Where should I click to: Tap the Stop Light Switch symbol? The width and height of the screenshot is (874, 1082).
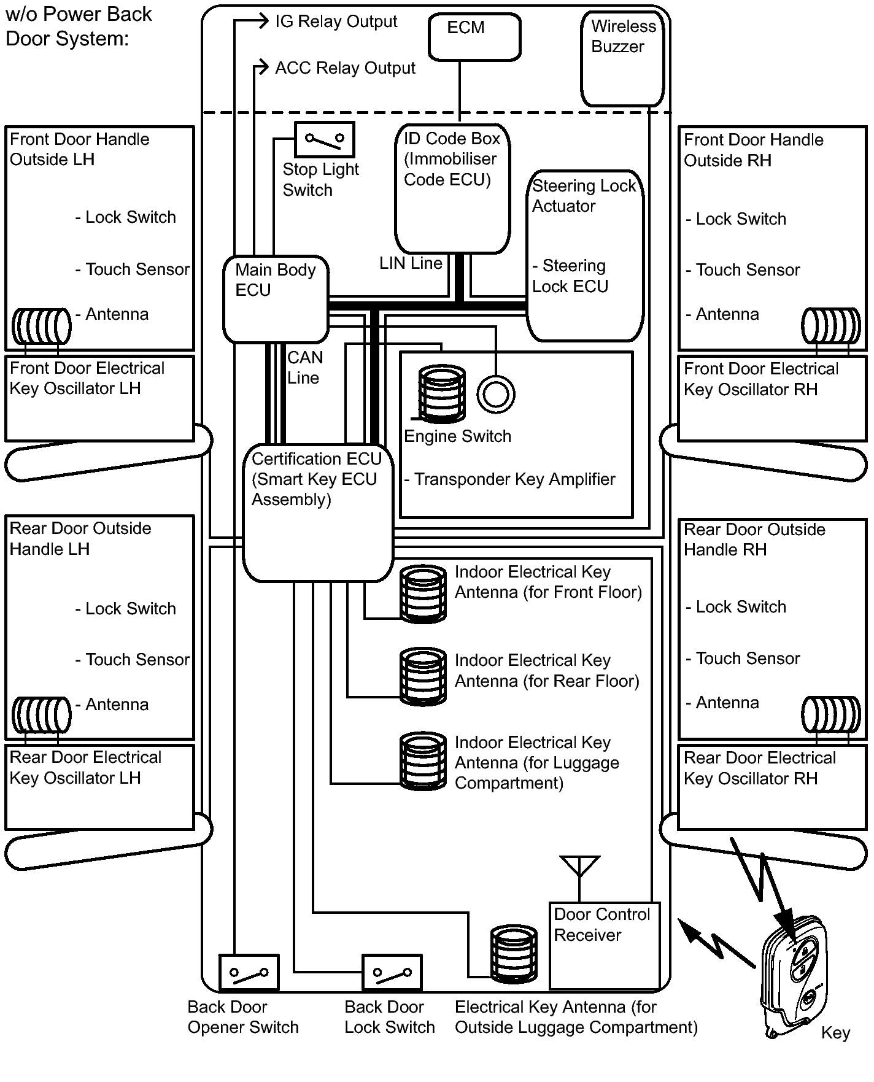coord(325,140)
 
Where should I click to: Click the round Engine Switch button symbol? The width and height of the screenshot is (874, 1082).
coord(496,394)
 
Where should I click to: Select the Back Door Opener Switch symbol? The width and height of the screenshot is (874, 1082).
coord(249,973)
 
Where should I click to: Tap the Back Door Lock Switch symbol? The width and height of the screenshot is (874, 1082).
coord(392,973)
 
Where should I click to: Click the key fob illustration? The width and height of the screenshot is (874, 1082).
coord(793,977)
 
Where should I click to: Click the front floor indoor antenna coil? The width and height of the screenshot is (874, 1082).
coord(423,593)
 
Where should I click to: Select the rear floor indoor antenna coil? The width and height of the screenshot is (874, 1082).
coord(423,676)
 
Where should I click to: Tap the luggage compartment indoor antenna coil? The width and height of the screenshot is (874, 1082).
coord(423,760)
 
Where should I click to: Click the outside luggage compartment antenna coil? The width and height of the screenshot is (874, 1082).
coord(514,953)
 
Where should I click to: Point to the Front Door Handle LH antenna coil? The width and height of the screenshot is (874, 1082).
coord(42,326)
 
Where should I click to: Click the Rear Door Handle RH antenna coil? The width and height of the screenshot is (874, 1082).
coord(831,714)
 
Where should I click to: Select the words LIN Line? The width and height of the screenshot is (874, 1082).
coord(411,263)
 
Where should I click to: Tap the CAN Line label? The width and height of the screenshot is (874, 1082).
coord(304,368)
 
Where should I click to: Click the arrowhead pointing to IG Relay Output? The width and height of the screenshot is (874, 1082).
coord(263,21)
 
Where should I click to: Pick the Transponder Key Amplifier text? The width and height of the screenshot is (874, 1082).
coord(509,479)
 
